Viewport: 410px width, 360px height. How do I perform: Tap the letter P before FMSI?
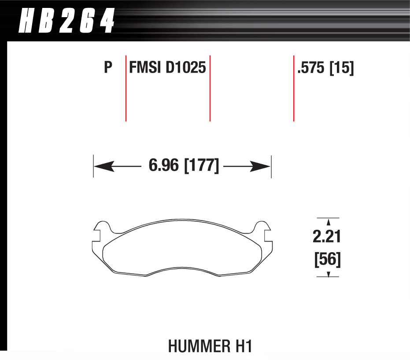tap(108, 68)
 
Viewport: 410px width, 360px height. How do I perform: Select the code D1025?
tap(186, 68)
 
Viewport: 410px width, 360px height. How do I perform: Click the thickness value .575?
tap(311, 68)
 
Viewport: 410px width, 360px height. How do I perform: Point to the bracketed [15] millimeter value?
tap(342, 68)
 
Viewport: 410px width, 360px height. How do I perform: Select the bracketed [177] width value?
tap(201, 167)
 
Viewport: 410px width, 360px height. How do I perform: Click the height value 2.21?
tap(327, 238)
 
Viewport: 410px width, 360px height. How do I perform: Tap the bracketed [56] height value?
tap(327, 259)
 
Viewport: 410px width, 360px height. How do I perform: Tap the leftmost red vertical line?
tap(126, 88)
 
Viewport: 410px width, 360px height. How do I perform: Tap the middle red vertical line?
tap(210, 88)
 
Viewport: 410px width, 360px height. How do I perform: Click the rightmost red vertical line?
tap(294, 88)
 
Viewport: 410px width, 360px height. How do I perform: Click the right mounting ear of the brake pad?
tap(262, 229)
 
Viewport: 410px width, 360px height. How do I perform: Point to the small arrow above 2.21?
tap(328, 224)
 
